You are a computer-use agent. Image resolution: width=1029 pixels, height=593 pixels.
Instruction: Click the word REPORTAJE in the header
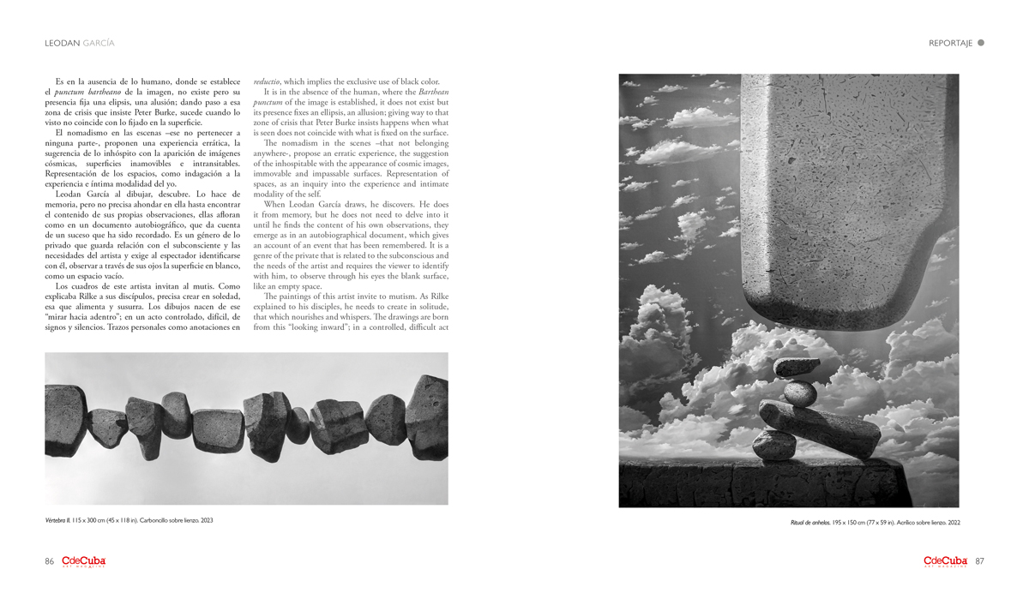[x=950, y=43]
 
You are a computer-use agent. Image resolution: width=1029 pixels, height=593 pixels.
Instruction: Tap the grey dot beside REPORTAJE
[x=981, y=42]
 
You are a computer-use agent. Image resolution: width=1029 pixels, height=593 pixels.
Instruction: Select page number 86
[x=50, y=561]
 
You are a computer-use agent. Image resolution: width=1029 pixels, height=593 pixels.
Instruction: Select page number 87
[x=979, y=561]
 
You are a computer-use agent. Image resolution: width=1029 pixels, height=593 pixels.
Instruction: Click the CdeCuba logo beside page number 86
[x=83, y=561]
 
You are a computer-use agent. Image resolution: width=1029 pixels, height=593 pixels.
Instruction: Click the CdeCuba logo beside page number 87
[x=945, y=561]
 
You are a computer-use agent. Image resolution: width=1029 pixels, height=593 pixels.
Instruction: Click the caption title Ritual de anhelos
[x=810, y=522]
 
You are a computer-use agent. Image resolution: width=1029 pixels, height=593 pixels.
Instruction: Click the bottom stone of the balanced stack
[x=775, y=444]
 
